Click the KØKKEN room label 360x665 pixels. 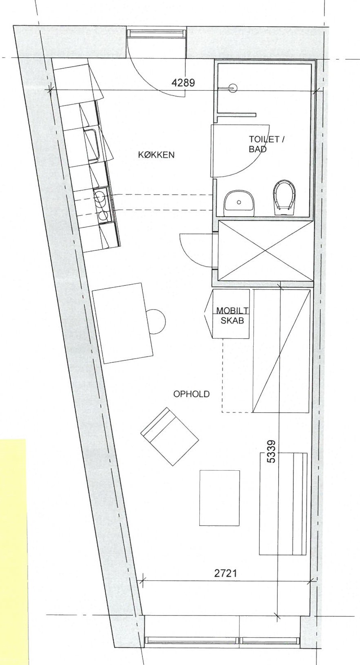coord(156,155)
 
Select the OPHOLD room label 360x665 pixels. coord(191,394)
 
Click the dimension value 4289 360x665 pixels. coord(184,83)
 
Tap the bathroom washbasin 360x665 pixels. coord(239,203)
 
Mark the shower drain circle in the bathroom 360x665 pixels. coord(234,88)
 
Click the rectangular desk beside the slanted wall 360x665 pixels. coord(122,323)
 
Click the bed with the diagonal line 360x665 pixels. coord(281,351)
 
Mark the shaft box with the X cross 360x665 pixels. coord(265,251)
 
